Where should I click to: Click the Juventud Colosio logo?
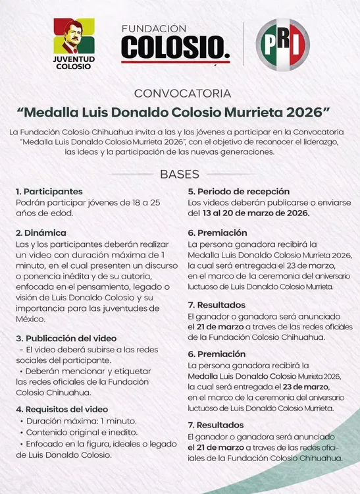tap(74, 43)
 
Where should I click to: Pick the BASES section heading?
tap(180, 175)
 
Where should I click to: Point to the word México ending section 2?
tap(31, 317)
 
